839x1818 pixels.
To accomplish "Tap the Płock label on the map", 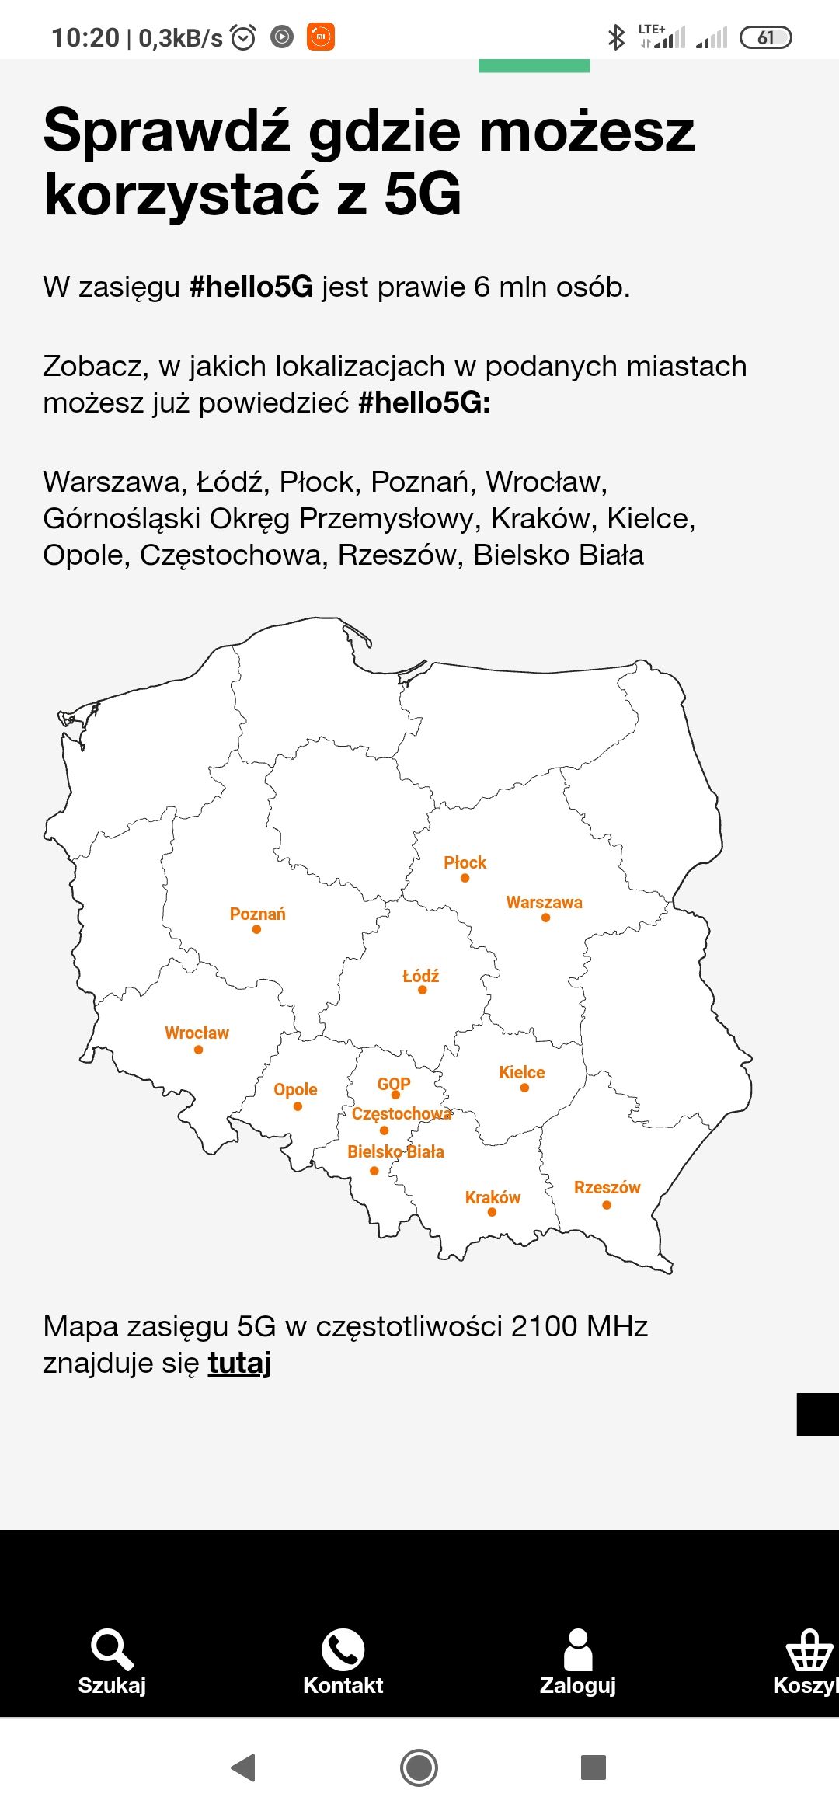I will click(x=465, y=862).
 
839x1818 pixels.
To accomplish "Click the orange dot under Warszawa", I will click(x=545, y=918).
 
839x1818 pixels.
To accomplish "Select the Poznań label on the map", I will click(x=257, y=914).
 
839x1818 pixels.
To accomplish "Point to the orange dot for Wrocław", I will click(x=198, y=1050).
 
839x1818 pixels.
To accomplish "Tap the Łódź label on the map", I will click(x=420, y=976).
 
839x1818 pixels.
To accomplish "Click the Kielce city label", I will click(x=521, y=1072).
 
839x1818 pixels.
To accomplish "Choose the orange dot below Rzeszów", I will click(x=607, y=1205).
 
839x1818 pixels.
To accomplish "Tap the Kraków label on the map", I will click(x=493, y=1197).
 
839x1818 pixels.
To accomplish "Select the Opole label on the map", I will click(x=295, y=1089).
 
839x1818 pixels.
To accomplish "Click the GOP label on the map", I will click(x=393, y=1084).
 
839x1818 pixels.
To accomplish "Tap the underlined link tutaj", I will click(x=239, y=1363).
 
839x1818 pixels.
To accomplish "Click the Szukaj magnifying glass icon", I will click(x=112, y=1649).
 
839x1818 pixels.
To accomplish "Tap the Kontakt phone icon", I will click(x=343, y=1649).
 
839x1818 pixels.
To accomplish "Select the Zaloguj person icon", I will click(x=578, y=1649).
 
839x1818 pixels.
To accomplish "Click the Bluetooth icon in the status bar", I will click(x=616, y=37).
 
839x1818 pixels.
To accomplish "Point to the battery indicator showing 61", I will click(x=765, y=37).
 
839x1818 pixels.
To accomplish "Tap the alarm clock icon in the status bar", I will click(x=243, y=37).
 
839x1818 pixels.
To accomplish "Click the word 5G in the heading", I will click(x=423, y=194).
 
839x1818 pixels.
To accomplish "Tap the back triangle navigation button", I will click(x=244, y=1767).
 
